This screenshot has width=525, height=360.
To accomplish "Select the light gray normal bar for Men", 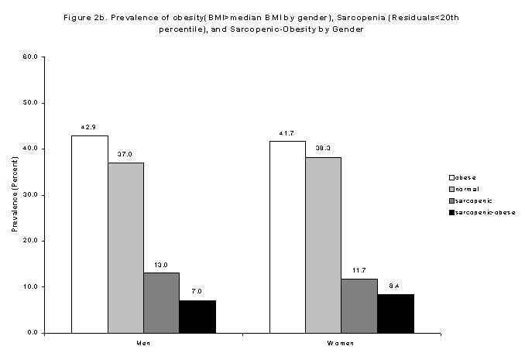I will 125,247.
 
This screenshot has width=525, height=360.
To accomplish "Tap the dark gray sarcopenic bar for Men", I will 161,302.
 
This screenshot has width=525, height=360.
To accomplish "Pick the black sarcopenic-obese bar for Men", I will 197,316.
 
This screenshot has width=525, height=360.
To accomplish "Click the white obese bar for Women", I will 287,236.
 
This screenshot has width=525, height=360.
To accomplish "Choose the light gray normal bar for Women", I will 323,245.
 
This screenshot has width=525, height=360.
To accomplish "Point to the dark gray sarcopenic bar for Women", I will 359,305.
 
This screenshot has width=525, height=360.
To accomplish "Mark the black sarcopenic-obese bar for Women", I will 395,313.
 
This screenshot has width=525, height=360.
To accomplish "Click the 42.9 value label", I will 89,128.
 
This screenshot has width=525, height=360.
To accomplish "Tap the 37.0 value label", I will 125,155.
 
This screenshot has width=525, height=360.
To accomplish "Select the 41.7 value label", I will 287,133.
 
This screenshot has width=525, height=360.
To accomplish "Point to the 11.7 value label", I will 359,271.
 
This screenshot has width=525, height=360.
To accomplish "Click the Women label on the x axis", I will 341,342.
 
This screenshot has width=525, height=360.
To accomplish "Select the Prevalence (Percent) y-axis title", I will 14,194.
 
